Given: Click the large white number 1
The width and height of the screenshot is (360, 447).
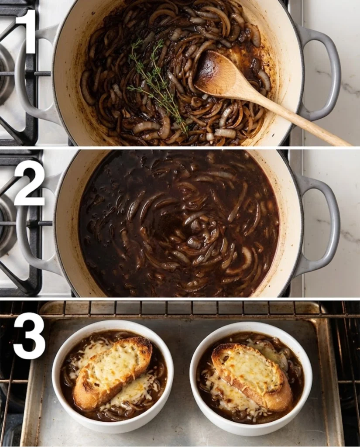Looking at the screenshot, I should pyautogui.click(x=27, y=31).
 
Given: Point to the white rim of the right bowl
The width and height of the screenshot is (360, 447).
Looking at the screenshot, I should pyautogui.click(x=305, y=393).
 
